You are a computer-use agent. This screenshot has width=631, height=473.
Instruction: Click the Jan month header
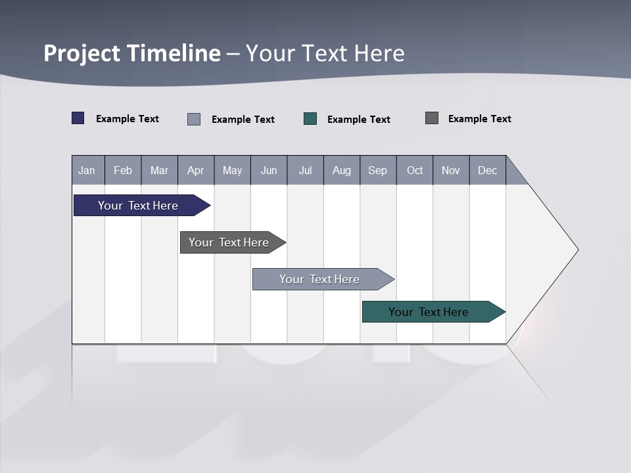coord(87,170)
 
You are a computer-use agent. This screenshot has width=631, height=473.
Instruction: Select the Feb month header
coord(123,170)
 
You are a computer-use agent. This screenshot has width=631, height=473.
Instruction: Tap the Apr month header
coord(196,170)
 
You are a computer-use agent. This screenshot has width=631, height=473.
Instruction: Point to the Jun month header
coord(269,170)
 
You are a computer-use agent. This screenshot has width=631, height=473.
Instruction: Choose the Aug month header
coord(342,170)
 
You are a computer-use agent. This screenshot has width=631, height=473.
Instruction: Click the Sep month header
coord(378,170)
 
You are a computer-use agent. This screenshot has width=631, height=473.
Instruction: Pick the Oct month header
coord(415,170)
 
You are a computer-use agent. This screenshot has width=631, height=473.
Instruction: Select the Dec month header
coord(488,170)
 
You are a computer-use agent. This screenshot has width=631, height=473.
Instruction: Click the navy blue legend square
coord(78,118)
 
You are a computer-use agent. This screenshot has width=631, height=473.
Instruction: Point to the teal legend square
coord(310,119)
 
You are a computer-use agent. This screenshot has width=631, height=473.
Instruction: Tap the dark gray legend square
coord(432,118)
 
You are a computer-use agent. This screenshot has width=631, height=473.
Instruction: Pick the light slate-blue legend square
coord(194,119)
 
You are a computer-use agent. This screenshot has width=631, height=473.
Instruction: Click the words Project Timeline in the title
coord(132,53)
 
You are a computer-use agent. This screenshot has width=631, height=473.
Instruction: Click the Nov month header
coord(451,170)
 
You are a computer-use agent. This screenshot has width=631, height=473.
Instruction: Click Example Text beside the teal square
coord(359,120)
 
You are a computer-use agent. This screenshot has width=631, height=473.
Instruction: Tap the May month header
coord(232,170)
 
